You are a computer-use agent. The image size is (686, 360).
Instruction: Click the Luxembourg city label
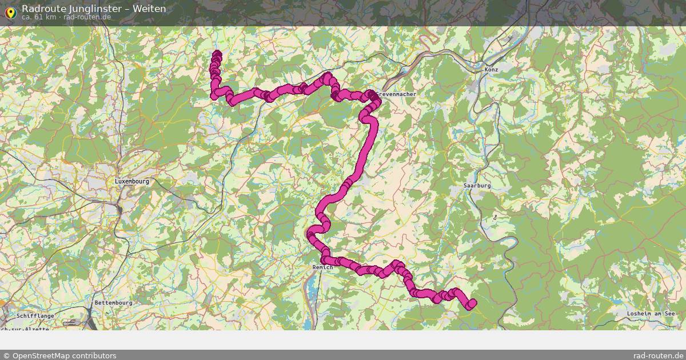tap(131, 181)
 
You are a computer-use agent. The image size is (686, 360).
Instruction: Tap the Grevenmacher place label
tap(396, 94)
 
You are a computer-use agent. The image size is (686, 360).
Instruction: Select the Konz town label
tap(491, 69)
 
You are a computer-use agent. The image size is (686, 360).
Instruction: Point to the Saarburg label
tap(477, 186)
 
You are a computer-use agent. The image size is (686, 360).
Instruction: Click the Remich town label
tap(322, 267)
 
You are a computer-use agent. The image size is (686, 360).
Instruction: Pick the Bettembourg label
tap(113, 302)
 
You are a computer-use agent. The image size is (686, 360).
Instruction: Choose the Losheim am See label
tap(651, 314)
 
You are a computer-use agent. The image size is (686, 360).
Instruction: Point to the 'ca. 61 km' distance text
tap(39, 17)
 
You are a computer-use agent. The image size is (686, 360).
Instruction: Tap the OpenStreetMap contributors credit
tap(64, 355)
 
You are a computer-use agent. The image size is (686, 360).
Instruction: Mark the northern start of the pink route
tap(217, 54)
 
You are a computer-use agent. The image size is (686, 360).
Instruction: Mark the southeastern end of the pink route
tap(472, 303)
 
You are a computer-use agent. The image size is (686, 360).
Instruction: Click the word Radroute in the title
tap(42, 9)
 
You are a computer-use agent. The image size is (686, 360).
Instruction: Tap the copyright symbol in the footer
tap(6, 355)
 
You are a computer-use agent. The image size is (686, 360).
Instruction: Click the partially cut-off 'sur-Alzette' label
tap(26, 329)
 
